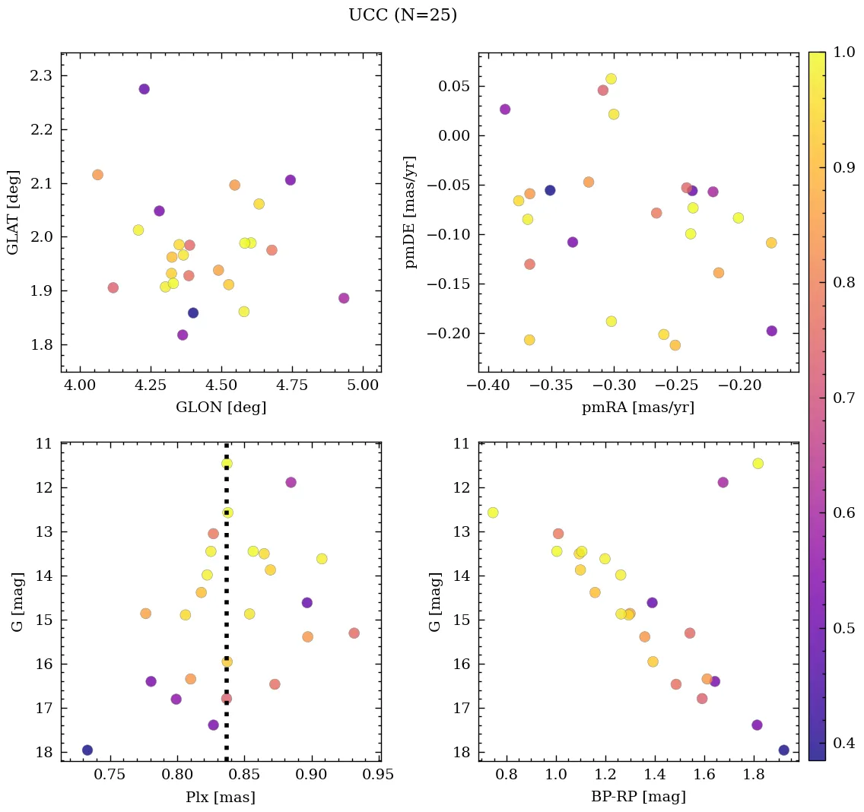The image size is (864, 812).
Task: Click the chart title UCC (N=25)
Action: [x=402, y=15]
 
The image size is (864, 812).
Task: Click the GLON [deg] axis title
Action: [x=221, y=408]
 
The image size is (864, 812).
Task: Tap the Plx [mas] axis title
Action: [x=221, y=798]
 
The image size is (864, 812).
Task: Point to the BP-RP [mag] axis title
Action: [x=638, y=797]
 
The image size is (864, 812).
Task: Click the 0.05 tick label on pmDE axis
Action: [x=453, y=86]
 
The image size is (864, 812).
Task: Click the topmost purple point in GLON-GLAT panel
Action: [x=145, y=89]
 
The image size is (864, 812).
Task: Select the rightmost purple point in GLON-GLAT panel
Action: [x=344, y=298]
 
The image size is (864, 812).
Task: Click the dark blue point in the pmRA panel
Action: [x=550, y=190]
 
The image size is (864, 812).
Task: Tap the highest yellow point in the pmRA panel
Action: [x=611, y=78]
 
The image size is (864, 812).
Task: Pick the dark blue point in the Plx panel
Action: [x=87, y=750]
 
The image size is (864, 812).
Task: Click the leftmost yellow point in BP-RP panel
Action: [x=493, y=512]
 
